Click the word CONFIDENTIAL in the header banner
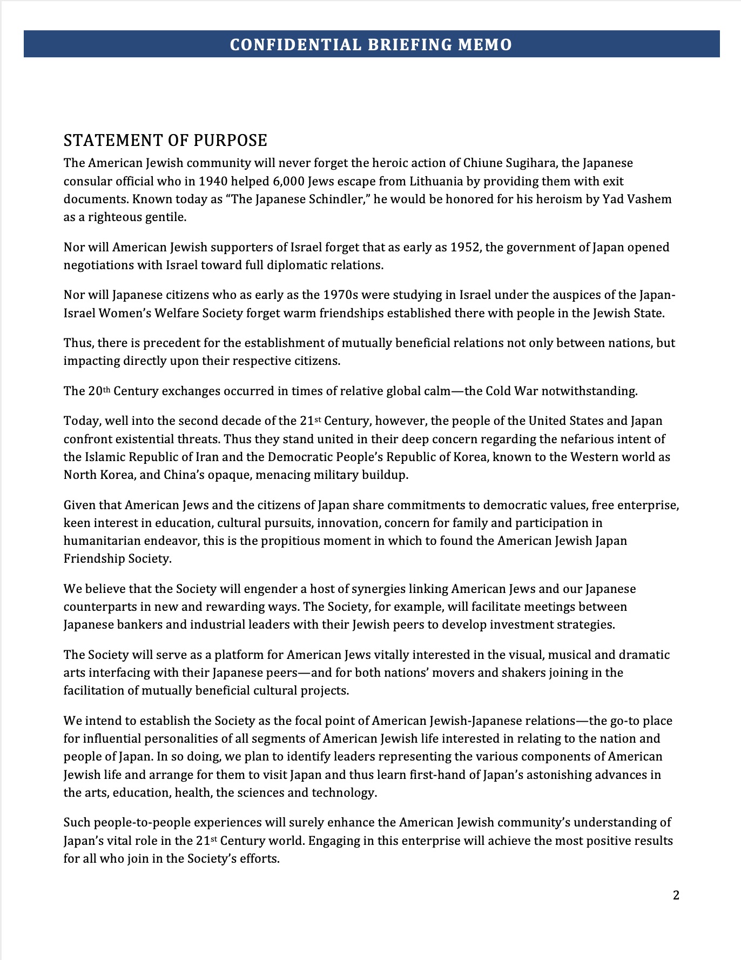coord(295,44)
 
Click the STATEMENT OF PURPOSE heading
coord(165,141)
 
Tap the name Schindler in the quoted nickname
coord(339,199)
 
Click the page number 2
coord(676,895)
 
